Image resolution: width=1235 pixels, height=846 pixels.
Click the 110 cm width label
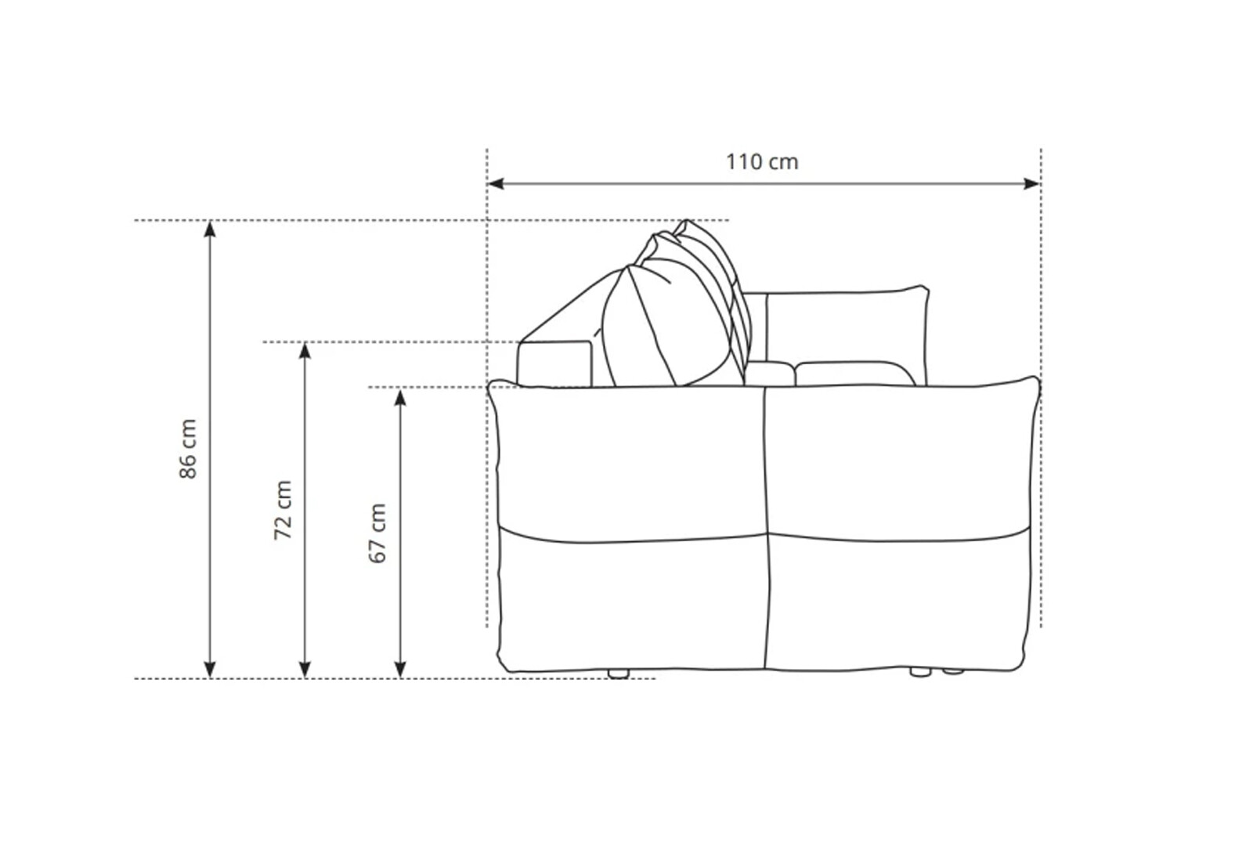(x=762, y=161)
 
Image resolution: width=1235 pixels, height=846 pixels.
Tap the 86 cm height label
(x=189, y=449)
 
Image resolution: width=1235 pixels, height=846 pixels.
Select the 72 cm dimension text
(x=283, y=510)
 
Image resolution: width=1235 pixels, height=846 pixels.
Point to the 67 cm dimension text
(x=377, y=533)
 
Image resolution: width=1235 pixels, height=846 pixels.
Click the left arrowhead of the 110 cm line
(x=495, y=183)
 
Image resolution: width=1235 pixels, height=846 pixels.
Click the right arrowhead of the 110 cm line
(x=1032, y=183)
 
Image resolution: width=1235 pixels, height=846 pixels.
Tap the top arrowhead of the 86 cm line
(x=210, y=228)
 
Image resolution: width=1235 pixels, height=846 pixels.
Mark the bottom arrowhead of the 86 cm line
(x=210, y=670)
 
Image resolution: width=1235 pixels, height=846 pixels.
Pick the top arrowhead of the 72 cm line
(x=305, y=350)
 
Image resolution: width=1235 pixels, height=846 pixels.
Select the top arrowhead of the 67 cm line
(x=401, y=397)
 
